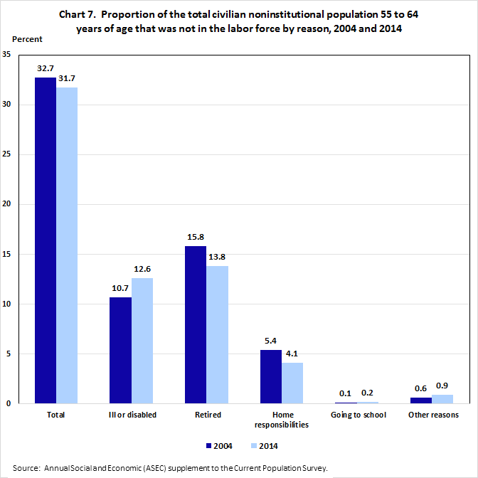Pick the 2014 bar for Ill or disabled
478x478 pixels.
(x=142, y=341)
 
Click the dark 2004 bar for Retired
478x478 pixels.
(x=196, y=324)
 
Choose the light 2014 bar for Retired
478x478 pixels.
(x=217, y=334)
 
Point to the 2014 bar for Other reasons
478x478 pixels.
(x=442, y=399)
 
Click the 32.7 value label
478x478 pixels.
(x=46, y=69)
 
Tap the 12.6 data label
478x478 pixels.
(x=142, y=270)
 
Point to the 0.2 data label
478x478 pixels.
(x=367, y=392)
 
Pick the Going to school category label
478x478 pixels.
(x=358, y=415)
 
